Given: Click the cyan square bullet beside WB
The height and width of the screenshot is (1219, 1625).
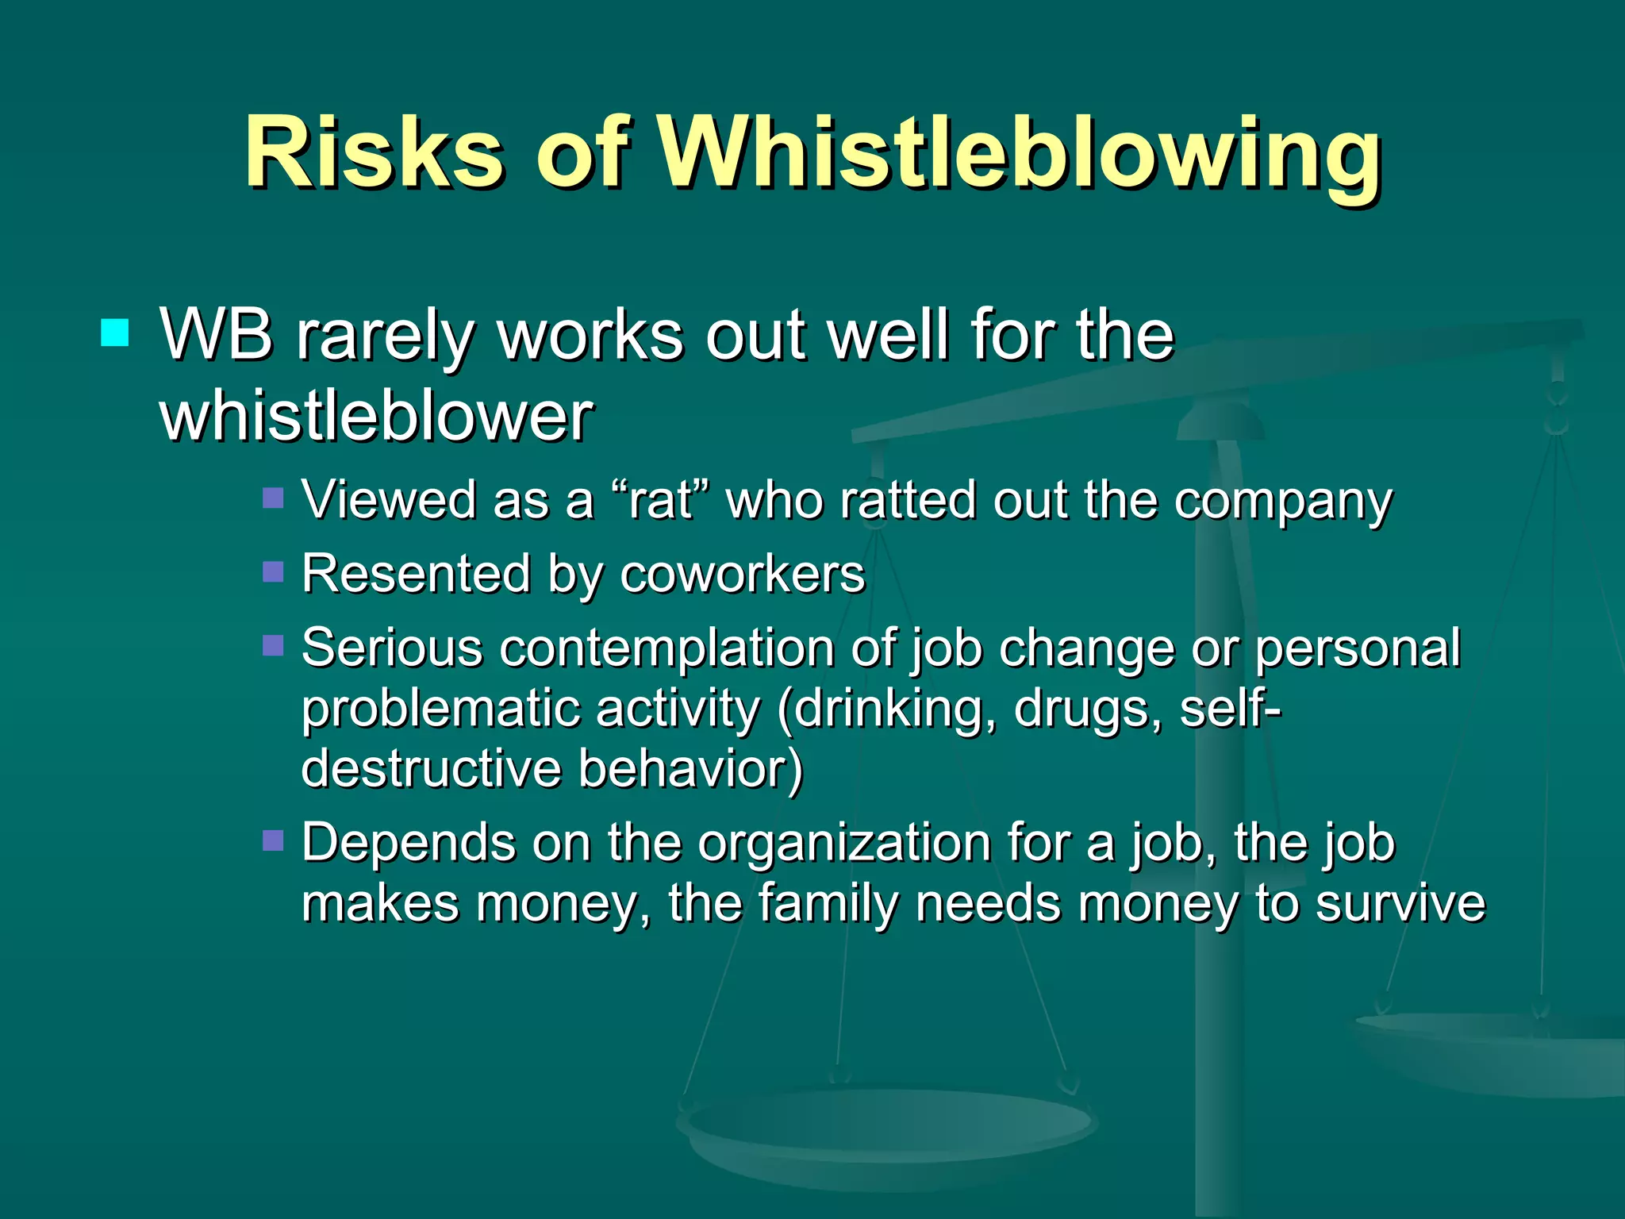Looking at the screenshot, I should point(115,333).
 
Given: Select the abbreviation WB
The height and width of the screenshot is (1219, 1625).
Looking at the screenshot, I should point(216,335).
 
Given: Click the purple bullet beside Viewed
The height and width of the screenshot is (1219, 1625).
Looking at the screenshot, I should point(273,498).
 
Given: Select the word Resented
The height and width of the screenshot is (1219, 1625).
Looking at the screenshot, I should point(416,574).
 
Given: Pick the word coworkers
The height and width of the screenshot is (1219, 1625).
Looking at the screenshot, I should point(742,574).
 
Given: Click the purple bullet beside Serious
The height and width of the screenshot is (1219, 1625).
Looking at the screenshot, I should point(273,644).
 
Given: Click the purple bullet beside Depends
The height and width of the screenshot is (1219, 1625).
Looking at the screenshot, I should point(273,840).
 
